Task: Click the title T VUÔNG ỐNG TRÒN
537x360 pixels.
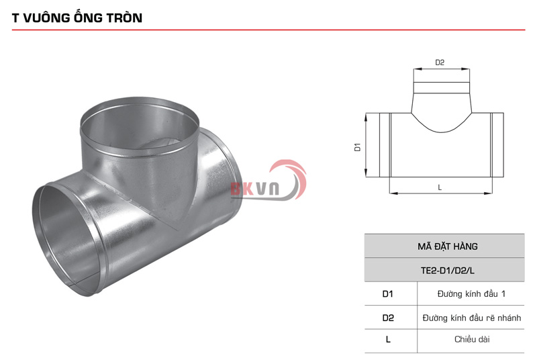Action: click(77, 18)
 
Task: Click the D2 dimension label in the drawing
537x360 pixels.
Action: click(440, 62)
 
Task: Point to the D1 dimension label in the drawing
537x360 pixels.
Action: click(358, 146)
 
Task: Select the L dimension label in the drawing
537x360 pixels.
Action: click(440, 187)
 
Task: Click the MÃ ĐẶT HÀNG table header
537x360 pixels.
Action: click(444, 246)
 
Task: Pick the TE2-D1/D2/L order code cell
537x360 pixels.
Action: click(444, 270)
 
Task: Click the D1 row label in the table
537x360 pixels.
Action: click(388, 294)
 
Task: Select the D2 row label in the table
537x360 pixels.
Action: click(388, 318)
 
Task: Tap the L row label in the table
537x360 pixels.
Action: click(388, 340)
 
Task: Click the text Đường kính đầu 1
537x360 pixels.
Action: click(471, 294)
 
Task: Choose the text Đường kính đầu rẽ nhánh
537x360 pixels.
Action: click(471, 318)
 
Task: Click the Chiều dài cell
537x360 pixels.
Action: click(471, 340)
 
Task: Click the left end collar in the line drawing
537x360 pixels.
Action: click(384, 145)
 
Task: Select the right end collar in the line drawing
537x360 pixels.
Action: click(497, 145)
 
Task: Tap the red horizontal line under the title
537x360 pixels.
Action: click(268, 30)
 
